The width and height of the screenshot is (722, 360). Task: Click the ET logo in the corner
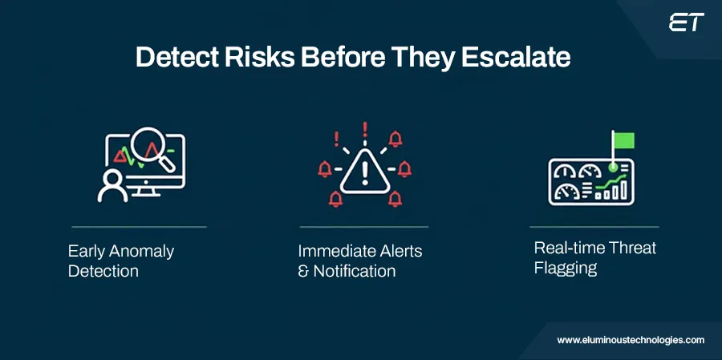pyautogui.click(x=686, y=22)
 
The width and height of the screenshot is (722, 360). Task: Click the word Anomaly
pyautogui.click(x=141, y=251)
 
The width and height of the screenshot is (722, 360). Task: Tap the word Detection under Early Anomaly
pyautogui.click(x=103, y=271)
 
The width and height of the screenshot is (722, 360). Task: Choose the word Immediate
pyautogui.click(x=335, y=251)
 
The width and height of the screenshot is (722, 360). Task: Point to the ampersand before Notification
pyautogui.click(x=303, y=271)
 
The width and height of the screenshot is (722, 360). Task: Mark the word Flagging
pyautogui.click(x=566, y=268)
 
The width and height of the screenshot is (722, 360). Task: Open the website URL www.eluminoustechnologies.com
pyautogui.click(x=631, y=340)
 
